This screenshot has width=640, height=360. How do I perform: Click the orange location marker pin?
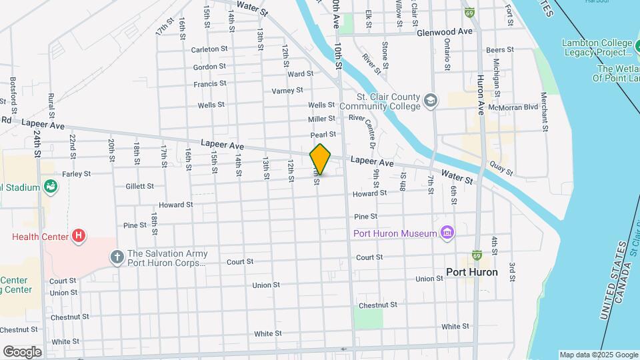321,159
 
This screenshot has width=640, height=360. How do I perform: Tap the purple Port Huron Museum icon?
448,233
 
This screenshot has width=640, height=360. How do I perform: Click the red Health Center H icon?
79,236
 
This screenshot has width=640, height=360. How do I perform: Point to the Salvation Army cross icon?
117,257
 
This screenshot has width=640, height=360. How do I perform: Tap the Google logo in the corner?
22,351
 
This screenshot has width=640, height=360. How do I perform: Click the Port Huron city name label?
472,272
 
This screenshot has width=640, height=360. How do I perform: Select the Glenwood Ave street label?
445,32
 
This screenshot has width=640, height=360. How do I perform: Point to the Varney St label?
287,90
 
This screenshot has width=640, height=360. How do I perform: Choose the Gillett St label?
139,187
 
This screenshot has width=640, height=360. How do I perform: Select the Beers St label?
500,50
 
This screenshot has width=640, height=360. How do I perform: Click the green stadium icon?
49,187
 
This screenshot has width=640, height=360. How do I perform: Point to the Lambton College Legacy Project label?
597,47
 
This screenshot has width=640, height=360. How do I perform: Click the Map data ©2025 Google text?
598,355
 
